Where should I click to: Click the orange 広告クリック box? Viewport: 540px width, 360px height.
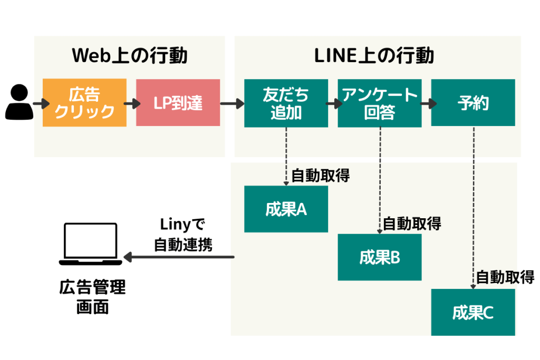coord(84,102)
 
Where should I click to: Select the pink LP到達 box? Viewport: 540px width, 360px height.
coord(178,102)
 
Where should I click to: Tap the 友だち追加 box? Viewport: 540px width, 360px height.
coord(286,102)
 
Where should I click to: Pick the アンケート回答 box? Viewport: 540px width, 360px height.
coord(379,102)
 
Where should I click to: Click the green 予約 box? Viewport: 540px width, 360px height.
coord(472,102)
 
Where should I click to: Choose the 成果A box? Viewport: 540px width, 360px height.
coord(286,209)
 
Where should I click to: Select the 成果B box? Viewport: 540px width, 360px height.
coord(379,257)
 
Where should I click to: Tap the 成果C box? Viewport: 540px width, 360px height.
coord(472,313)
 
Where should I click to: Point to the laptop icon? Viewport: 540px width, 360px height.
coord(90,244)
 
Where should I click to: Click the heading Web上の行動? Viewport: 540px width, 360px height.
coord(129,55)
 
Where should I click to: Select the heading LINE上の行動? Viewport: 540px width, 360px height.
coord(374,55)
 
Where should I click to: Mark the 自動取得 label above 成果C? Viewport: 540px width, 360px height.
coord(505,276)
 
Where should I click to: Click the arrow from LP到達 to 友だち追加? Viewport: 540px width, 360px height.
coord(232,103)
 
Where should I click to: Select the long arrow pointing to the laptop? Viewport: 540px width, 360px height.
coord(179,257)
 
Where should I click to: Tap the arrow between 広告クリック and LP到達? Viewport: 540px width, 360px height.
coord(131,103)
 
